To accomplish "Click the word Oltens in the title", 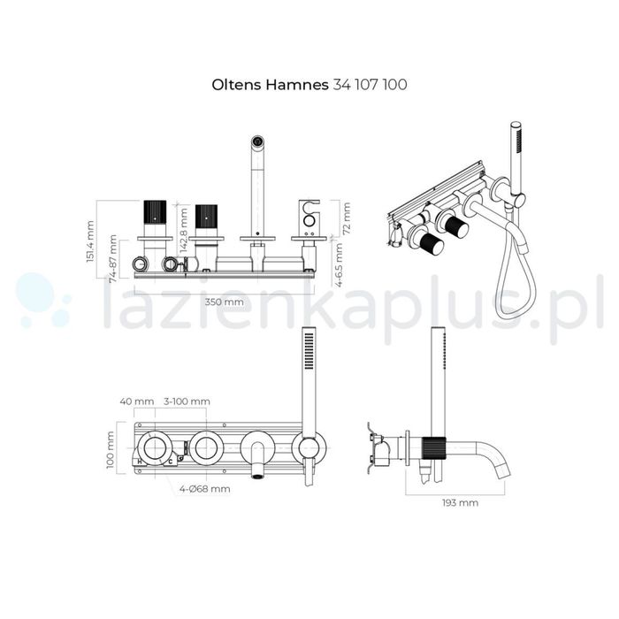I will [233, 85].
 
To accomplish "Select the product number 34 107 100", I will [369, 85].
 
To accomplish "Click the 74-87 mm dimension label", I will [113, 256].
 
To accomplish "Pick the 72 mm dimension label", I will [347, 218].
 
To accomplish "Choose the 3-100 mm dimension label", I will [187, 401].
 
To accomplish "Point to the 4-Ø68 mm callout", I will [205, 487].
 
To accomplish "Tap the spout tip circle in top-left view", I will [257, 141].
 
